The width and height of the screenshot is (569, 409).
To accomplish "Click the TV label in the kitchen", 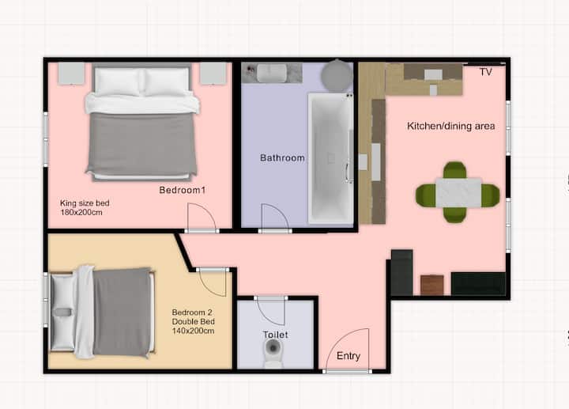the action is pos(486,72).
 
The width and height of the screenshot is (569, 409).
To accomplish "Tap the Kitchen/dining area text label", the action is pos(451,126).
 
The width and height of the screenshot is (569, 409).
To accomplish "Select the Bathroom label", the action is pos(282,158).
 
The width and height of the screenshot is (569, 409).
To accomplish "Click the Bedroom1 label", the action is pos(183,190).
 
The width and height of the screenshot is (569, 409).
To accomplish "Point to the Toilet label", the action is pos(276,335).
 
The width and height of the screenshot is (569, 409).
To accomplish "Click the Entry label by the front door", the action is pos(349,356).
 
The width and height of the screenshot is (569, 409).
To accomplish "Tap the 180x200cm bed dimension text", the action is pos(81,213).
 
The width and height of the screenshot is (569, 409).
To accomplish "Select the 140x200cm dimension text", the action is pos(193,331).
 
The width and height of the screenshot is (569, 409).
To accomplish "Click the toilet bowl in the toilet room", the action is pos(273,353).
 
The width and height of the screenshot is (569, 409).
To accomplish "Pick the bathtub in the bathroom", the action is pos(330,158).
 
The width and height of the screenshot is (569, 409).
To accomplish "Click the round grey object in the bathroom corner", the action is pos(337,75).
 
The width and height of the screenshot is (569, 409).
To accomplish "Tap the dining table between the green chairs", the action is pos(458,192).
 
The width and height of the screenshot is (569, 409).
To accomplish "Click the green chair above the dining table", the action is pos(454,170).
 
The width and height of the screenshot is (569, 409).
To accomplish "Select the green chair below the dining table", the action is pos(455,214).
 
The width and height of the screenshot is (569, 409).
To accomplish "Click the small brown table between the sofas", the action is pos(431,285).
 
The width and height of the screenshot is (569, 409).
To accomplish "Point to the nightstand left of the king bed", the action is pos(71,74).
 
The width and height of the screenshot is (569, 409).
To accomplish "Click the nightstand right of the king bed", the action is pos(213,74).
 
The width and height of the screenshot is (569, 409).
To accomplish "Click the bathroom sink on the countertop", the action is pos(272,73).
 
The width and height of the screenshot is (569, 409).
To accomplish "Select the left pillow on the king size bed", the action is pos(117,82).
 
